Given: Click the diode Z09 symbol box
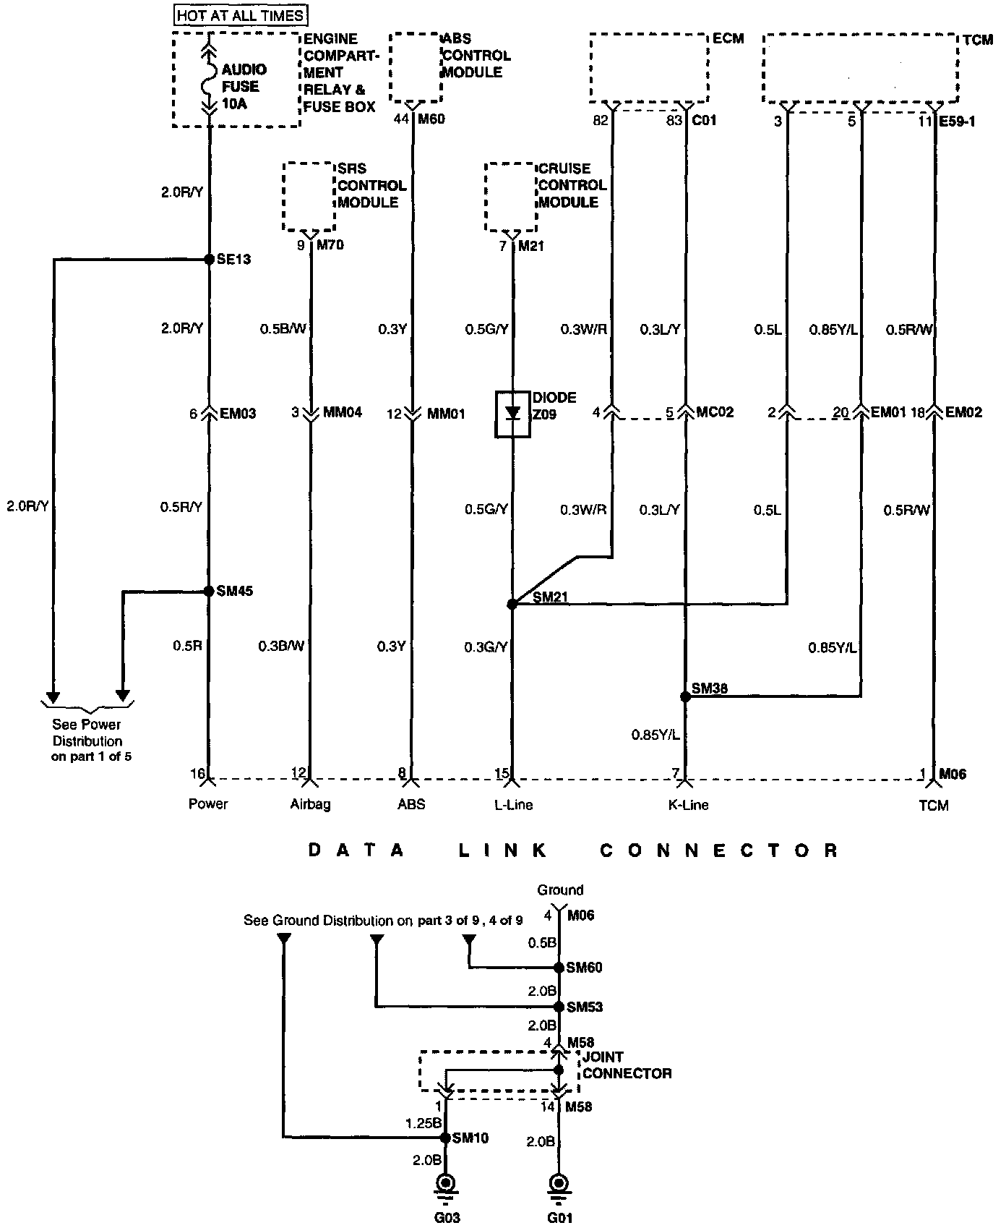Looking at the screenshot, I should tap(512, 414).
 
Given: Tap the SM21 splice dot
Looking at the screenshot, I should tap(512, 604).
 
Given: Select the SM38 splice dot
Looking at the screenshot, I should tap(684, 696).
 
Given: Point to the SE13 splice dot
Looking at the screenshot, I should tap(208, 258).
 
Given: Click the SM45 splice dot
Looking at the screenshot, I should tap(208, 591).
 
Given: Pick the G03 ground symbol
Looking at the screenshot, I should tap(447, 1185).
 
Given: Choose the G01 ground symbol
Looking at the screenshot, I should tap(559, 1185).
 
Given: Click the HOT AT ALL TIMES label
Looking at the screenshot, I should tap(240, 14).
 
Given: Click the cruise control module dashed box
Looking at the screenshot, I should tap(511, 196).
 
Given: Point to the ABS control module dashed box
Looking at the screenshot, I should tap(415, 67).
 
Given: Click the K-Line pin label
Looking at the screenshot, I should tap(688, 804).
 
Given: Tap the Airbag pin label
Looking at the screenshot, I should tap(311, 804).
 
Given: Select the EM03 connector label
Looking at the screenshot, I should tap(238, 414).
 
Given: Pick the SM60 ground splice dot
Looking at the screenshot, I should tap(559, 968).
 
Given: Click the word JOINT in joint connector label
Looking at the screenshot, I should tap(603, 1057).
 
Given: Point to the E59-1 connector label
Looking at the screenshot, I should tap(957, 121).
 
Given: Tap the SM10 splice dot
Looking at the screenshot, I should tap(446, 1138).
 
